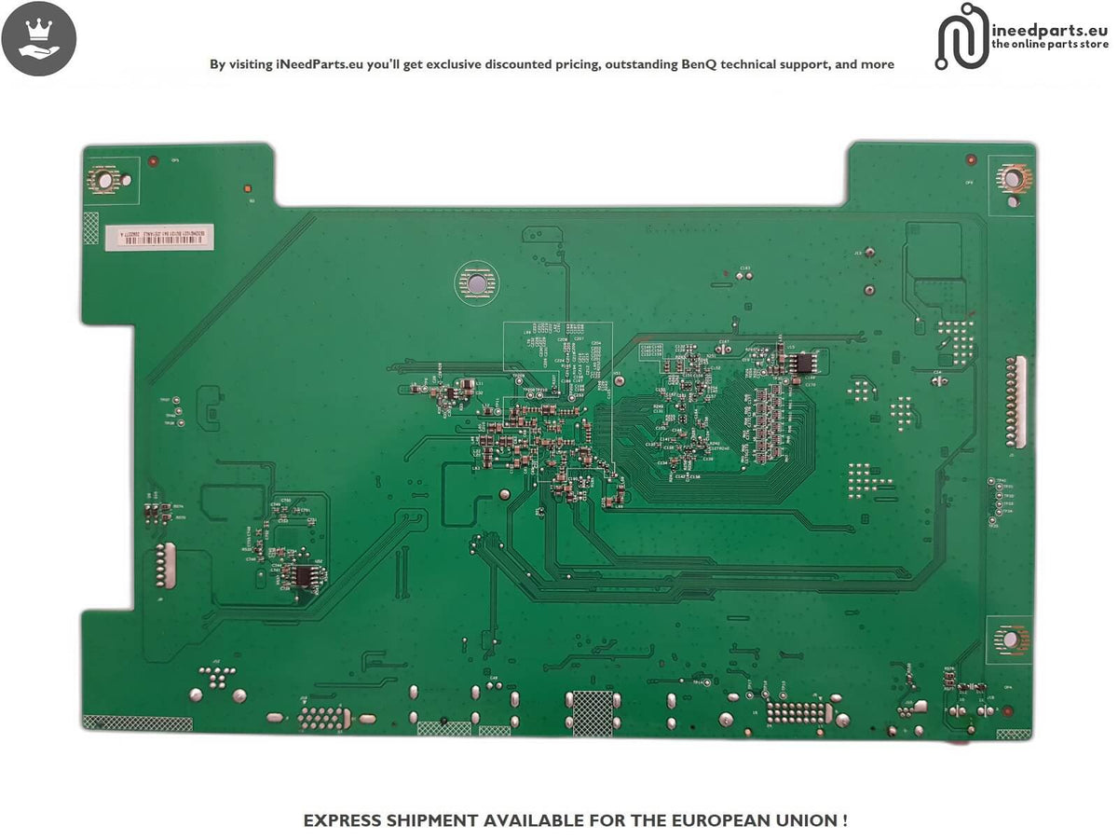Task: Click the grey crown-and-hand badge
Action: point(39,39)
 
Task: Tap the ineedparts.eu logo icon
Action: point(962,35)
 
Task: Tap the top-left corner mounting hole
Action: point(104,177)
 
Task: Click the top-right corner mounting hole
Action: point(1011,176)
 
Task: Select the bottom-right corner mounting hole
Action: point(1009,639)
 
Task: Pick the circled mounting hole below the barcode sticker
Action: point(474,282)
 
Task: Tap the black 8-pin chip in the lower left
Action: point(304,577)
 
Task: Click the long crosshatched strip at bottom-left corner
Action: point(137,723)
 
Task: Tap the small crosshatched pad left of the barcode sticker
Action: point(90,227)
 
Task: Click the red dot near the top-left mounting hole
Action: point(154,161)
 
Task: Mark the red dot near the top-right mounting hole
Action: point(971,159)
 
